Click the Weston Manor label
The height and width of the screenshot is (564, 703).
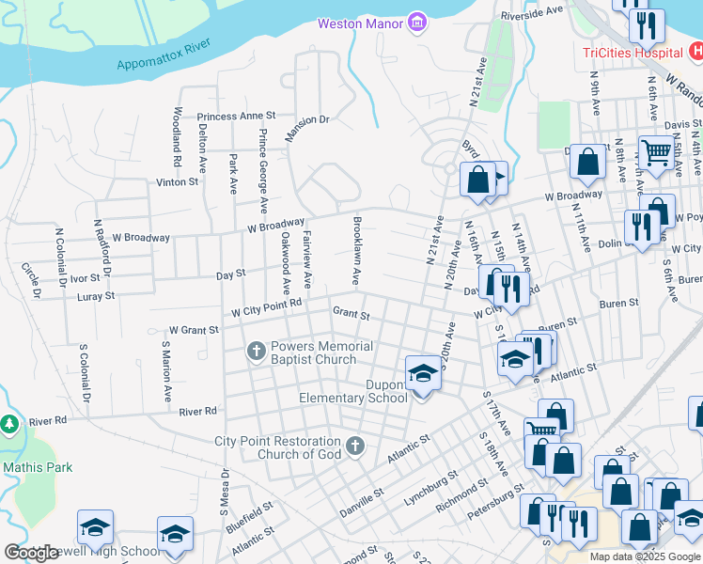(360, 23)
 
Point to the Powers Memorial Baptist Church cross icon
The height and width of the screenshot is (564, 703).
(256, 352)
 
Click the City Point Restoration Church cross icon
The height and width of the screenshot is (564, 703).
(354, 445)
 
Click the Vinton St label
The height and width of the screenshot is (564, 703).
(178, 181)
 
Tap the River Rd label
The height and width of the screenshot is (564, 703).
(197, 411)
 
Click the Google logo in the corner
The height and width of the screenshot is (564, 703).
(31, 553)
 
